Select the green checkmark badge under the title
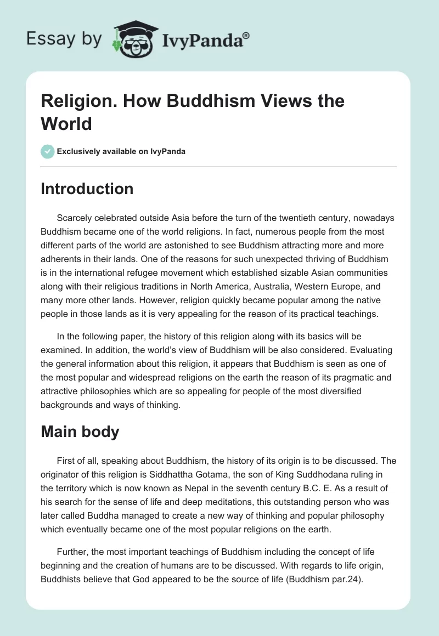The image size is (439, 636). coord(48,151)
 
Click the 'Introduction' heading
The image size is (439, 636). coord(87,189)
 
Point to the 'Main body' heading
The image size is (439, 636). coord(80,431)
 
